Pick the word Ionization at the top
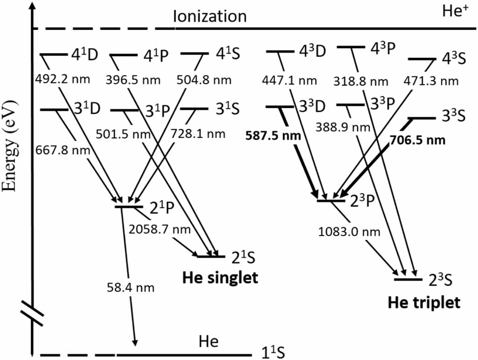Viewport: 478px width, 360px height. coord(209,17)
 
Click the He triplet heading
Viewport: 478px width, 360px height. coord(424,303)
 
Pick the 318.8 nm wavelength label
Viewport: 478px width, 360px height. coord(360,82)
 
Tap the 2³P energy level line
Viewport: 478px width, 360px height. coord(331,201)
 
